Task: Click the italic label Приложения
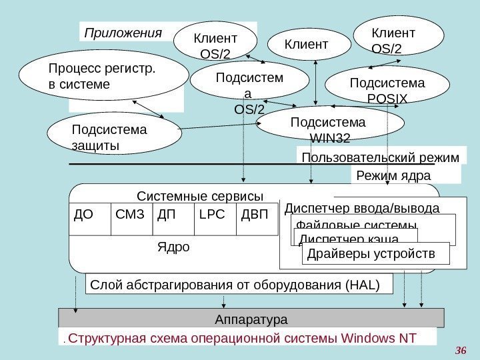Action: [122, 32]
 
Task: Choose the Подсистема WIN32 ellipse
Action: [330, 127]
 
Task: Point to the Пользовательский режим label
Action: [381, 157]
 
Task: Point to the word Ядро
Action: [173, 247]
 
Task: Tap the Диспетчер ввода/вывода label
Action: [362, 208]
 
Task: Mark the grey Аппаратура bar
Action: [251, 319]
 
